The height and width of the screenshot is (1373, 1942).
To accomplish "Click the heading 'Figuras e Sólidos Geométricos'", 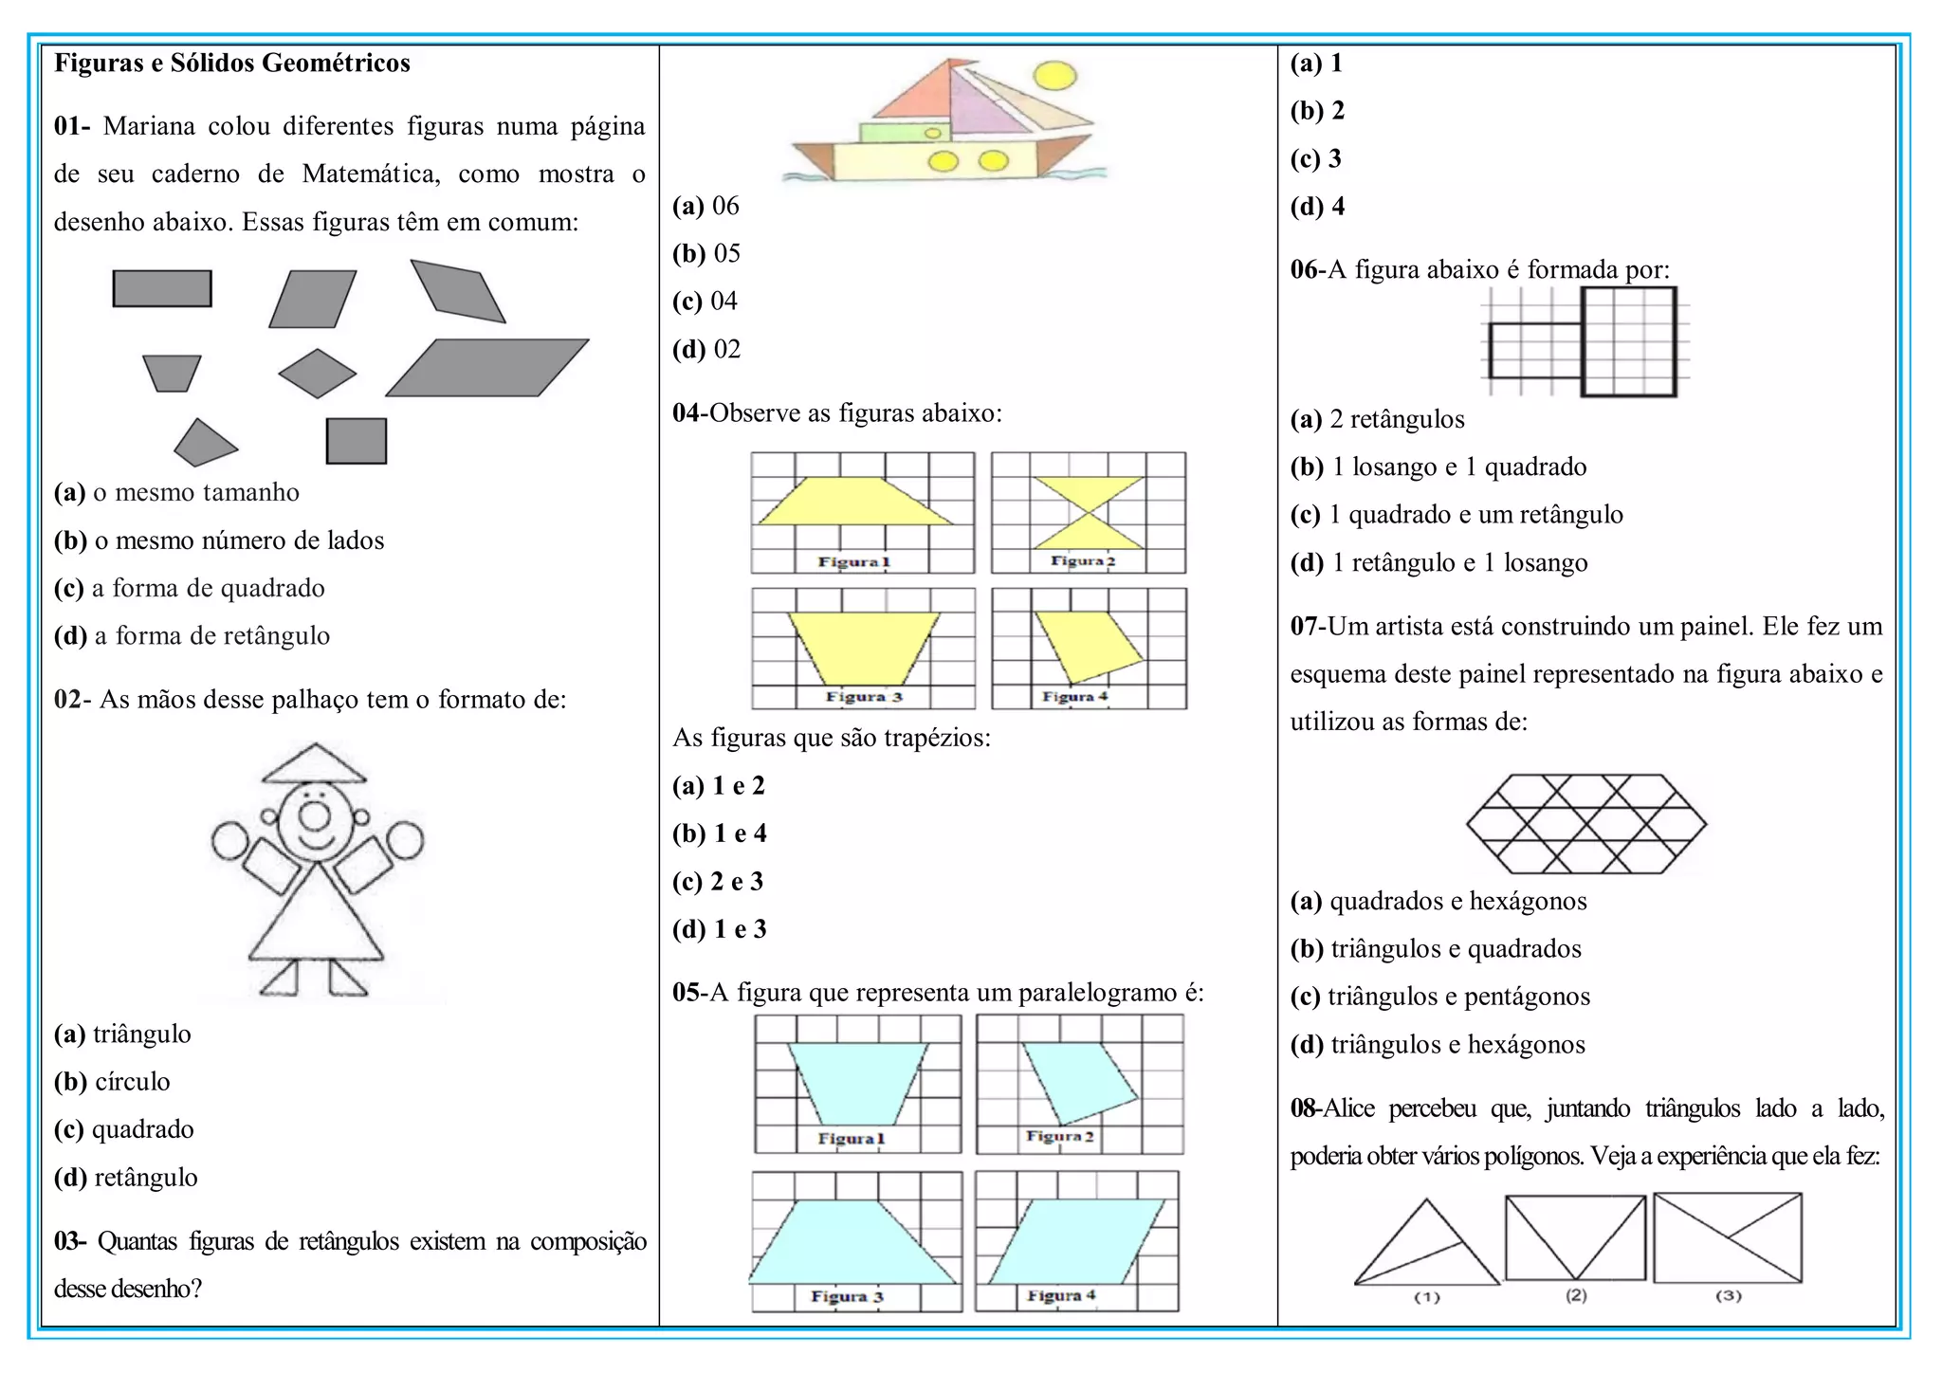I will point(231,64).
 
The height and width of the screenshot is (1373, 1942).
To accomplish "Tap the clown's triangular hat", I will point(314,764).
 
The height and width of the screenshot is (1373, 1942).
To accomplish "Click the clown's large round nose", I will point(315,815).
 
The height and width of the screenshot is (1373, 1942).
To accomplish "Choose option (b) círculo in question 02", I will point(112,1082).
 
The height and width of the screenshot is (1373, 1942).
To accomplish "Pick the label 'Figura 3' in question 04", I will point(863,697).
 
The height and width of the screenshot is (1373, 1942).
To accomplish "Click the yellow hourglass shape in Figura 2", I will point(1088,512).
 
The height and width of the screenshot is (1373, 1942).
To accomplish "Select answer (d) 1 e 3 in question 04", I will point(719,929).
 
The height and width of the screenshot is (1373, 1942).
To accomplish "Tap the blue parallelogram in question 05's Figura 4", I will point(1076,1241).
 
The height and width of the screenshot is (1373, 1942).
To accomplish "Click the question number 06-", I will point(1308,270).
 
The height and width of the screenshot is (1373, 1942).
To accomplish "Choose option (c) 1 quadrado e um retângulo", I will point(1456,515).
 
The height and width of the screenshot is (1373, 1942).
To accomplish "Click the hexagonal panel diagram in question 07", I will point(1585,824).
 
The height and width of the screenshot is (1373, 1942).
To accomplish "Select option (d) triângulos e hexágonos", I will point(1438,1045).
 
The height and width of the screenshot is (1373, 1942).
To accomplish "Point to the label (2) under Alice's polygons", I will point(1576,1295).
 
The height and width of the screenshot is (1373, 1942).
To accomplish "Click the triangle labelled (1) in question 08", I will point(1427,1250).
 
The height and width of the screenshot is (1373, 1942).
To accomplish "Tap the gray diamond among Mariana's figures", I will point(318,373).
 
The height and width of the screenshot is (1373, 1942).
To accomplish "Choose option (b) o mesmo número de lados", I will point(219,540).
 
